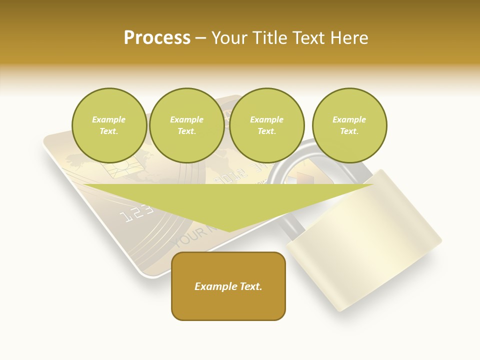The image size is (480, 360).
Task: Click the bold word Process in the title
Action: [157, 37]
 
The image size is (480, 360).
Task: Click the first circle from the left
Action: [109, 125]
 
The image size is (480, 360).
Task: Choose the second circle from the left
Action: [186, 125]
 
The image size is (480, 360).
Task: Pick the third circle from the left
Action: [266, 125]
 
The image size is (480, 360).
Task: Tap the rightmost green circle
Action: [349, 125]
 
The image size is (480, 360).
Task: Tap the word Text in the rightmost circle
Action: [349, 131]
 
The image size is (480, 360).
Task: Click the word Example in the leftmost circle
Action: [109, 119]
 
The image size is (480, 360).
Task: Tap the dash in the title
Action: [201, 37]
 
